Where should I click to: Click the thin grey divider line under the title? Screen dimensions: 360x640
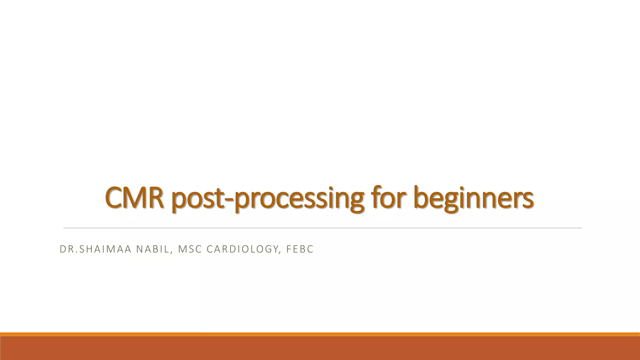click(322, 228)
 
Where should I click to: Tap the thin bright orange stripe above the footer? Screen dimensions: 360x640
click(320, 334)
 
